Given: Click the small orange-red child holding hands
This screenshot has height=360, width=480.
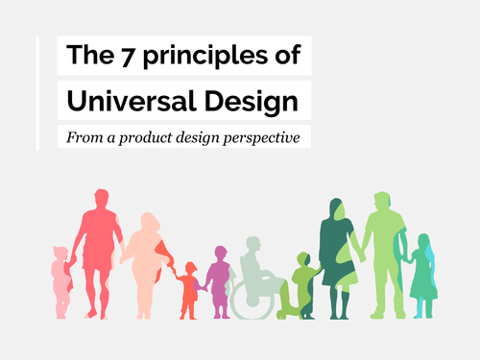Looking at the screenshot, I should click(189, 288).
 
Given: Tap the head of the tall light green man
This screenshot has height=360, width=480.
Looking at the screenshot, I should click(381, 203).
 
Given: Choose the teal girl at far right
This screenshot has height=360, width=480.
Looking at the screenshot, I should click(422, 278).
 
